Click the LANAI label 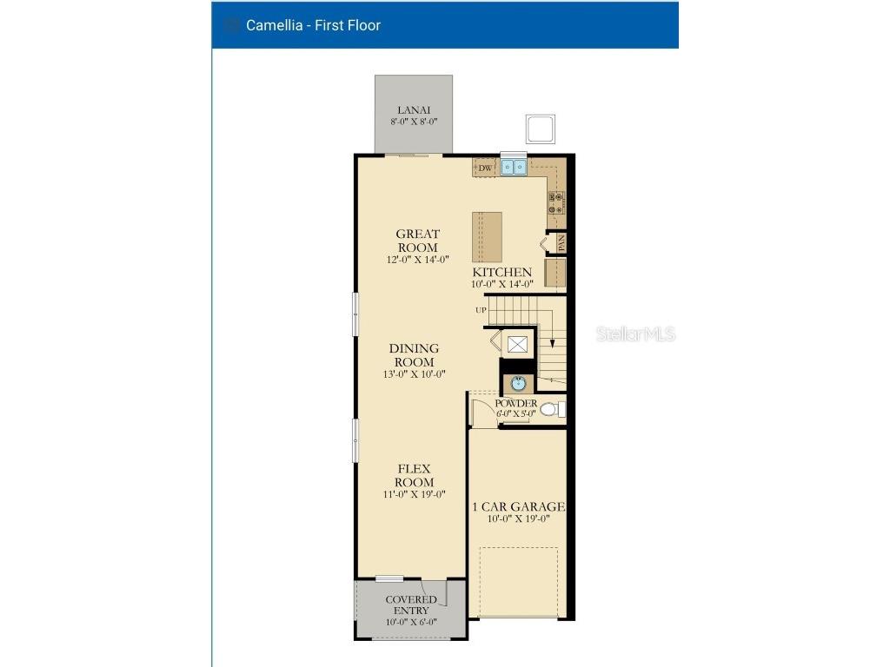[x=414, y=110]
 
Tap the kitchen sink [x=513, y=167]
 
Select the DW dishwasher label [x=485, y=168]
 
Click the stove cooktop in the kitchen [x=555, y=202]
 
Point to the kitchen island [x=487, y=236]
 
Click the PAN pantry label [x=561, y=242]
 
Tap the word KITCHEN [x=501, y=272]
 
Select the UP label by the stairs [x=481, y=310]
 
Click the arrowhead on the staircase [x=552, y=343]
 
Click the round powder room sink [x=518, y=383]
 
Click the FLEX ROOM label [x=415, y=476]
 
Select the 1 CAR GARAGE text [x=518, y=506]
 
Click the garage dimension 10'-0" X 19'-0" [x=518, y=519]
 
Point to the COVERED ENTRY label [x=411, y=605]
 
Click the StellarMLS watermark [x=635, y=334]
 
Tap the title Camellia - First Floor [x=313, y=25]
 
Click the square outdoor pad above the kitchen [x=540, y=129]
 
